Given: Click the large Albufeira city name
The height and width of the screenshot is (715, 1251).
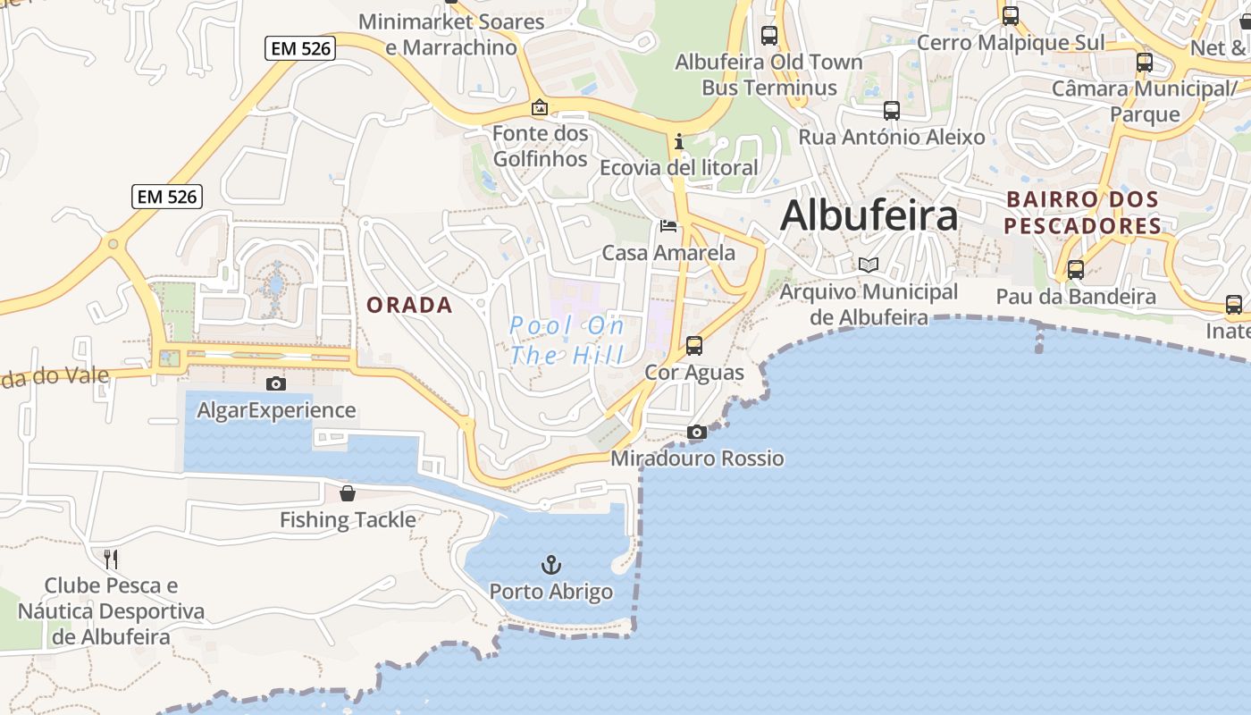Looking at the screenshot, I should point(869,215).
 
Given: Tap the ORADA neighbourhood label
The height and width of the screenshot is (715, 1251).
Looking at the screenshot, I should point(410,305).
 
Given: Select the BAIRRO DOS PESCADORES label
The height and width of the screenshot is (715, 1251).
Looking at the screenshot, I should point(1082,213).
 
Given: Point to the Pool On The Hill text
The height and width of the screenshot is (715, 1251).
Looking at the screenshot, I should point(567,341).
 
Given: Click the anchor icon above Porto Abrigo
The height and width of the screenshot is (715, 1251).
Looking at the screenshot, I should point(551,565).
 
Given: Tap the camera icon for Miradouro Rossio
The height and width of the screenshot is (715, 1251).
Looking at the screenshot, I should point(697,433).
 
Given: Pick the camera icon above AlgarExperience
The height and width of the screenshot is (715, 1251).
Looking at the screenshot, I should point(276,383).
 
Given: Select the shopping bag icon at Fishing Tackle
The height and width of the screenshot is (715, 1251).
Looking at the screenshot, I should point(348,493).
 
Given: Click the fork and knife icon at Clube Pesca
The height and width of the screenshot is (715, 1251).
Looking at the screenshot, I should point(111,559).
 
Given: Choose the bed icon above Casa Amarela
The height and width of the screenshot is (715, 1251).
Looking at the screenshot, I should point(668,226).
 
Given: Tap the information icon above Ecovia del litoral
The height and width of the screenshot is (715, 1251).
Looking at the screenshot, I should point(679,141).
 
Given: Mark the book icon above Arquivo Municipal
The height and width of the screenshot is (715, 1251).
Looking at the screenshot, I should point(868,265).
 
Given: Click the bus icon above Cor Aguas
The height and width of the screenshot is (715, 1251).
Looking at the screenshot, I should point(694,346).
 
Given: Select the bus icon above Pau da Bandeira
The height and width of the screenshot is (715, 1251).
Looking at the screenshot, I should point(1076,269).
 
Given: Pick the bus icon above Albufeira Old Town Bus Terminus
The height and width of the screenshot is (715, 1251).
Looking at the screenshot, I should point(769,36).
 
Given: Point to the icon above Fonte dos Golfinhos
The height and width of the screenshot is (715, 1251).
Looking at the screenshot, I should point(540,108).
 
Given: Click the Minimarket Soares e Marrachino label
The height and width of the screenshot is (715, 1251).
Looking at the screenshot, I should point(451,34).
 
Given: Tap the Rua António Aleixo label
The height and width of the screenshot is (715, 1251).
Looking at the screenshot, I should point(891,137).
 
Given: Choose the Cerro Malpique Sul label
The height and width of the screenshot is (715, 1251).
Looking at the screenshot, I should point(1011,42).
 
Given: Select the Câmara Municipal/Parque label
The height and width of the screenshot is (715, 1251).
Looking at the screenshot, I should point(1145,101).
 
